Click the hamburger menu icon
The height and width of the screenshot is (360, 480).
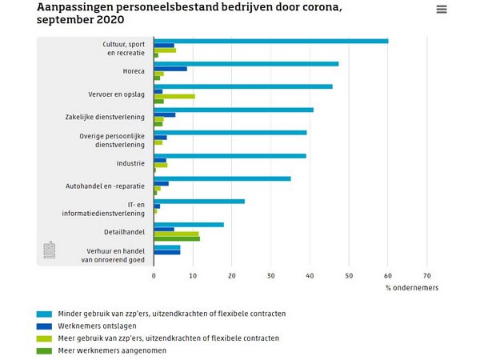442,10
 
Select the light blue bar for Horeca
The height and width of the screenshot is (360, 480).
246,63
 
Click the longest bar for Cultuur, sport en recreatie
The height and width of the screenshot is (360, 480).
271,41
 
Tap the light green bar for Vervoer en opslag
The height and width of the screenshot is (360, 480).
174,96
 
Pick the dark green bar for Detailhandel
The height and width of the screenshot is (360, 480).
177,238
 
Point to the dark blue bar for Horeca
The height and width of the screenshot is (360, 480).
170,69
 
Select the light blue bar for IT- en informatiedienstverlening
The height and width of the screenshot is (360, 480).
199,202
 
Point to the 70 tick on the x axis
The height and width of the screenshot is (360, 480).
427,275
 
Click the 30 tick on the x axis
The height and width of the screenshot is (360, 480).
271,275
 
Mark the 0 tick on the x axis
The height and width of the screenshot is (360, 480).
154,275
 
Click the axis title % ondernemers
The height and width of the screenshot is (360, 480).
411,287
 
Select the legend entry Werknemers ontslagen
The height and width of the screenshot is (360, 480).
91,326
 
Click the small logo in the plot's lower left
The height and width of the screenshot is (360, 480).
48,250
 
